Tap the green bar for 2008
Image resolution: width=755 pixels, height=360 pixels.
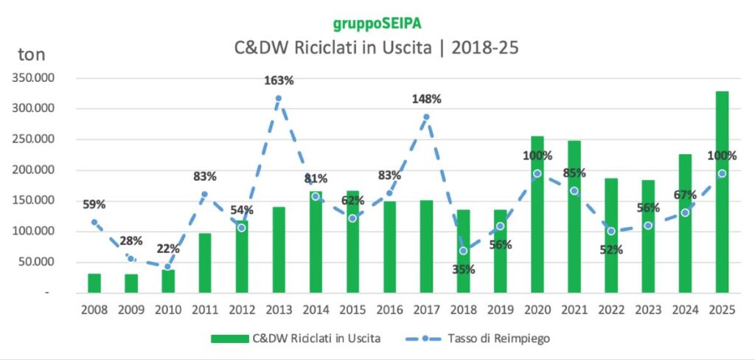point(94,283)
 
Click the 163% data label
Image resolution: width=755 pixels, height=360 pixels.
point(279,80)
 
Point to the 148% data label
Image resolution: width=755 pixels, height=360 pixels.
point(427,99)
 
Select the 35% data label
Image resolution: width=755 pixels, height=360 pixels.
point(463,269)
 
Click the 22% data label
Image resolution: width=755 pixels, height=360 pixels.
point(168,249)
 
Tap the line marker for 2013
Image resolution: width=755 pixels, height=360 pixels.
point(279,98)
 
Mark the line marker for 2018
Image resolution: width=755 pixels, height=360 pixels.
point(463,251)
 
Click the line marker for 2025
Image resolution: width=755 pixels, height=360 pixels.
point(722,173)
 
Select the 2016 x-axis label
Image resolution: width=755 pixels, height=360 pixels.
point(389,310)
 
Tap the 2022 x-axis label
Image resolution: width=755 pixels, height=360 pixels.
point(610,310)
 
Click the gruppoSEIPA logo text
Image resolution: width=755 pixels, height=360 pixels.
point(377,25)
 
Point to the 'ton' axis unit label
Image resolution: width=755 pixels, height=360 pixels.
point(31,54)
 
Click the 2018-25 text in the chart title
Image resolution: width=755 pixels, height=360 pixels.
point(484,49)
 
